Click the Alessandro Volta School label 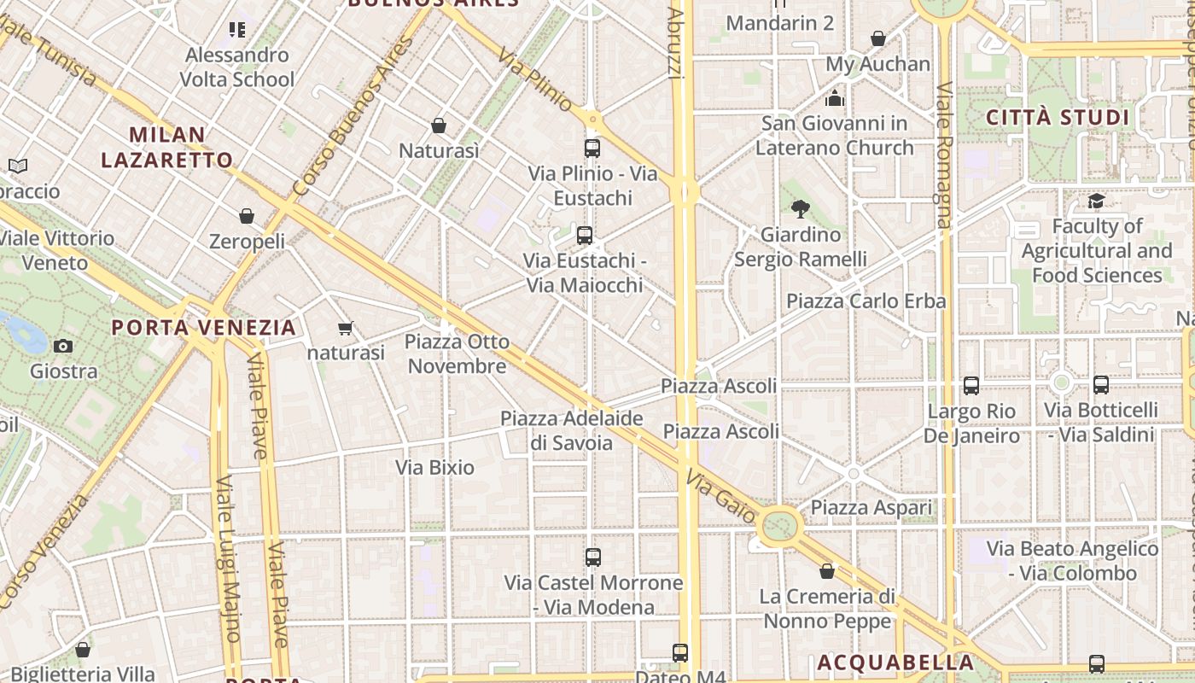point(236,67)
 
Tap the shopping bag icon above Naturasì point(439,126)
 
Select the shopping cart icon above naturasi point(346,328)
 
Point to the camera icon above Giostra point(63,346)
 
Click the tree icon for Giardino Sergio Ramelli point(800,208)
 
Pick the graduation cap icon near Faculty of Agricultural point(1096,201)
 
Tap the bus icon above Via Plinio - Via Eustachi point(592,149)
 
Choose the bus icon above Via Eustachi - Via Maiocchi point(585,236)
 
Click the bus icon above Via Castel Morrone point(593,557)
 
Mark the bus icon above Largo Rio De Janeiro point(971,386)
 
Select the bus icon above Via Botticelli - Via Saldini point(1101,385)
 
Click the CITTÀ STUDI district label point(1058,118)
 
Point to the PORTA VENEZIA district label point(204,327)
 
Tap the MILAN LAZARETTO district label point(167,147)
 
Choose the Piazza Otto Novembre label point(457,354)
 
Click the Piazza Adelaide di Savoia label point(571,430)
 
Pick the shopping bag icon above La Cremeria point(826,571)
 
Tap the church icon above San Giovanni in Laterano point(835,99)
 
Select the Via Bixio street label point(434,468)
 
